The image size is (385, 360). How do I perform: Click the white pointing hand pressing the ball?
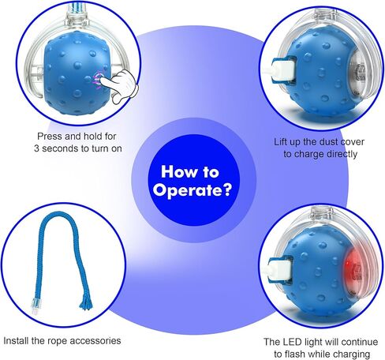[x=121, y=85]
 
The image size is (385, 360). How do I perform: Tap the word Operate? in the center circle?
[x=193, y=190]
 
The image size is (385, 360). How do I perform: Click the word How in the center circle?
[x=176, y=171]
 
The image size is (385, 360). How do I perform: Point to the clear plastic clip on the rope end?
[x=35, y=306]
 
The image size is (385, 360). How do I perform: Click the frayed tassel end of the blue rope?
[x=86, y=302]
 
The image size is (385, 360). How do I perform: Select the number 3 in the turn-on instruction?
[x=36, y=148]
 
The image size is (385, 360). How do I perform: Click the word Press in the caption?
[x=50, y=137]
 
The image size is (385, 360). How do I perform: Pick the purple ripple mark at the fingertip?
[x=97, y=78]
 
